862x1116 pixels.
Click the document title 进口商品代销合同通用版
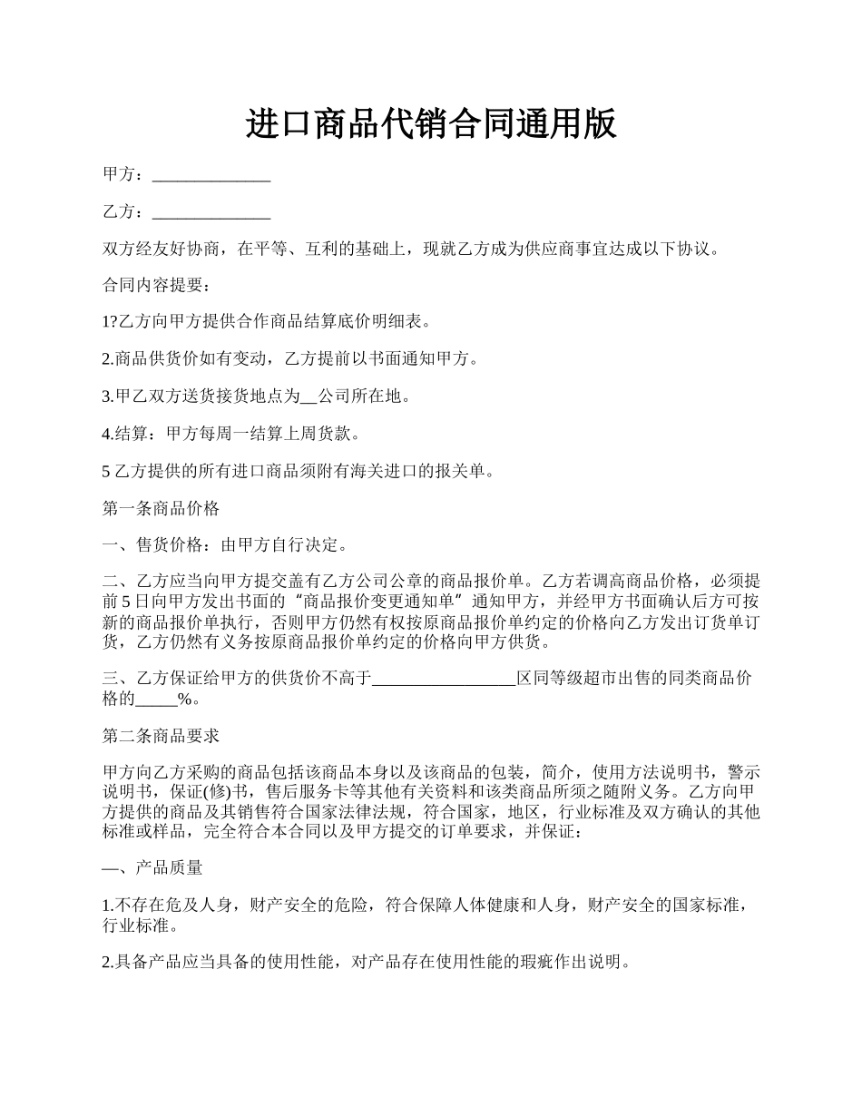(x=431, y=123)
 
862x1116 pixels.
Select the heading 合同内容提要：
(x=156, y=285)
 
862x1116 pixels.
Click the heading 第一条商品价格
(x=162, y=508)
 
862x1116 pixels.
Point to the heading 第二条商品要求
(x=162, y=735)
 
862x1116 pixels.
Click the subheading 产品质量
(x=169, y=867)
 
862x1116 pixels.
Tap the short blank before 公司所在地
(x=309, y=396)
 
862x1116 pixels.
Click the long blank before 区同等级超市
(x=445, y=678)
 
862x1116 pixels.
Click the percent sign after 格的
(x=184, y=699)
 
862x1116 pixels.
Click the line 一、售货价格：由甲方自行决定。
(x=224, y=545)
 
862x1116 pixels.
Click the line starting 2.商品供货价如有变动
(x=290, y=359)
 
